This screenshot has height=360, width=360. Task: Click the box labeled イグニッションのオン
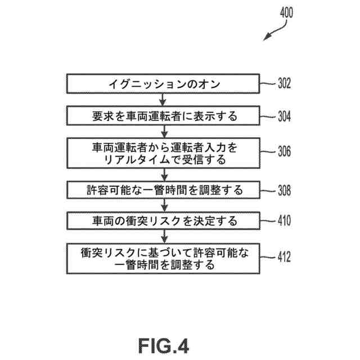pyautogui.click(x=163, y=84)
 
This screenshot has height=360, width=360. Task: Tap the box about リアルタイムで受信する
pyautogui.click(x=163, y=153)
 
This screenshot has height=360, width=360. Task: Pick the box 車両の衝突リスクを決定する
pyautogui.click(x=163, y=220)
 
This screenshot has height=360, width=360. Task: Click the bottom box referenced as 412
pyautogui.click(x=163, y=257)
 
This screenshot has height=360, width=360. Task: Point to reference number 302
pyautogui.click(x=283, y=84)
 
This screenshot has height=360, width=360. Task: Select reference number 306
pyautogui.click(x=283, y=152)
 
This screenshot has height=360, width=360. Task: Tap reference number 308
pyautogui.click(x=283, y=190)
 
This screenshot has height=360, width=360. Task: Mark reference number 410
pyautogui.click(x=283, y=220)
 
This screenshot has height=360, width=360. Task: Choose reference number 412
pyautogui.click(x=283, y=258)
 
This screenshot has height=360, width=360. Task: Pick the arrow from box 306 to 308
pyautogui.click(x=163, y=174)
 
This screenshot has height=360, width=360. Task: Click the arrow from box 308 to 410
pyautogui.click(x=163, y=205)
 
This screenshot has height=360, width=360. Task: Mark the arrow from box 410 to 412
pyautogui.click(x=163, y=236)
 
